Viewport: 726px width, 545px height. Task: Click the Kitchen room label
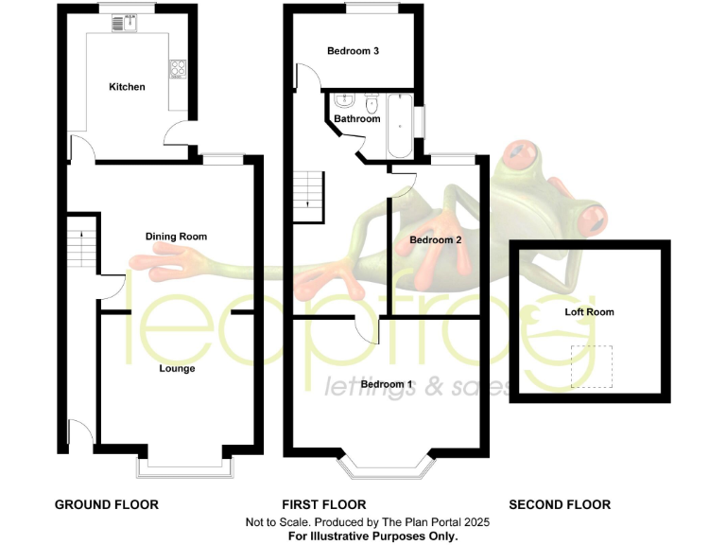[x=127, y=87]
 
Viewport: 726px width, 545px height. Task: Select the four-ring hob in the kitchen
[x=177, y=68]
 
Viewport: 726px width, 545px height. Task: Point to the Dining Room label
[x=176, y=236]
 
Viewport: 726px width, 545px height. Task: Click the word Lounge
[x=177, y=368]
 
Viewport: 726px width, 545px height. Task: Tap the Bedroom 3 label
[x=353, y=51]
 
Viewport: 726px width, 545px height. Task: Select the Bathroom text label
[x=357, y=119]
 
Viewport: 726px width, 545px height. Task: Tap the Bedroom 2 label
[x=435, y=240]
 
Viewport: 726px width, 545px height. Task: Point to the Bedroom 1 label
[x=387, y=383]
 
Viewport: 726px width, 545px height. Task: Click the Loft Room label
[x=589, y=311]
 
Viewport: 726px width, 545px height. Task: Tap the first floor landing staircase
[x=309, y=193]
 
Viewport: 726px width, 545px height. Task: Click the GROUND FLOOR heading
[x=106, y=504]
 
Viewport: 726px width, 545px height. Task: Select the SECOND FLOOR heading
[x=560, y=504]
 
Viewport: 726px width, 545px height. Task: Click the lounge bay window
[x=184, y=466]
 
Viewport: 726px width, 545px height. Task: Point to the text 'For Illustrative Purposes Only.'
[x=373, y=536]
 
